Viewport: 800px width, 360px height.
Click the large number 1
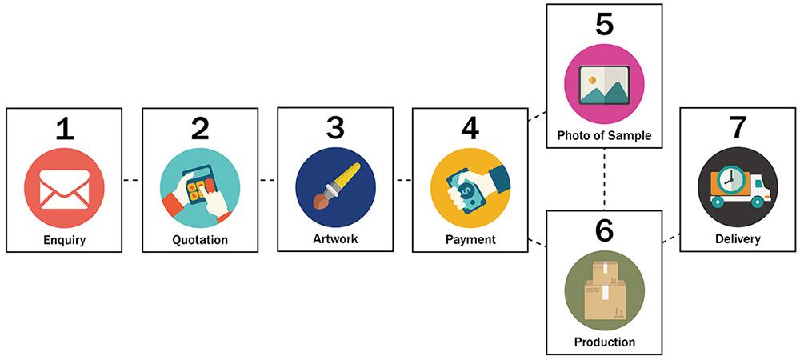coord(65,128)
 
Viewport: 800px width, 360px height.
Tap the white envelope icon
coord(65,190)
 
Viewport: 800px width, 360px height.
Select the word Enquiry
coord(65,239)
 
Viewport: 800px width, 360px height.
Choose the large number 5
coord(604,24)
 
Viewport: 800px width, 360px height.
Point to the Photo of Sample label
coord(604,136)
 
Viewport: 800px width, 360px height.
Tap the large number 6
coord(604,230)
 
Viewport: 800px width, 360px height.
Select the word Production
coord(604,342)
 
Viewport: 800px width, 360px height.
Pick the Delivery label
coord(738,239)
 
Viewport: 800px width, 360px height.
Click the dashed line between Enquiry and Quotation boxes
coord(132,181)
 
